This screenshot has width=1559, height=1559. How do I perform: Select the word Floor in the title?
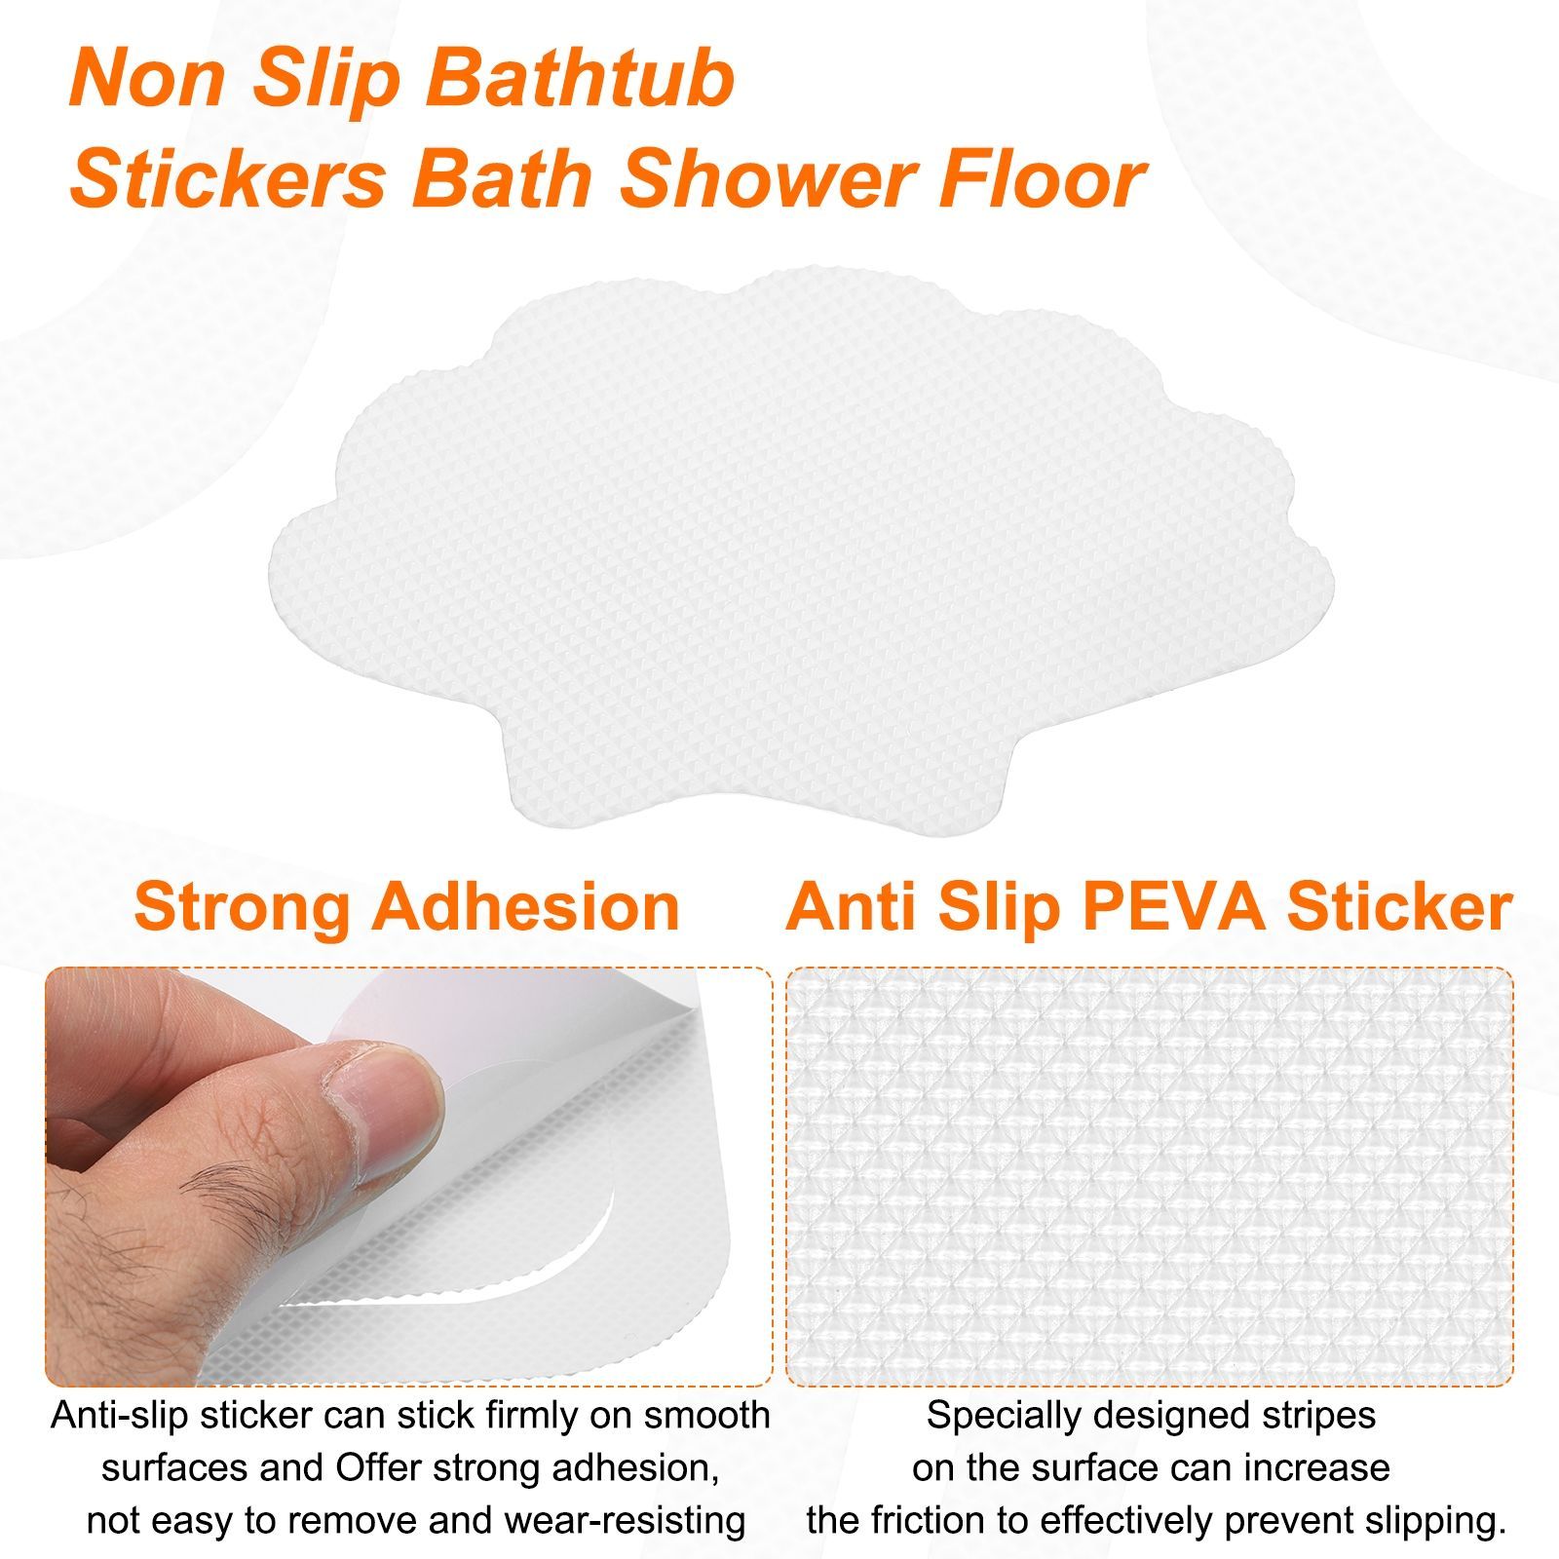point(1073,179)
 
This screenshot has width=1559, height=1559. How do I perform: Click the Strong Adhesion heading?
point(407,907)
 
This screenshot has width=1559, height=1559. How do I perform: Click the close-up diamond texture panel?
point(1150,1176)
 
